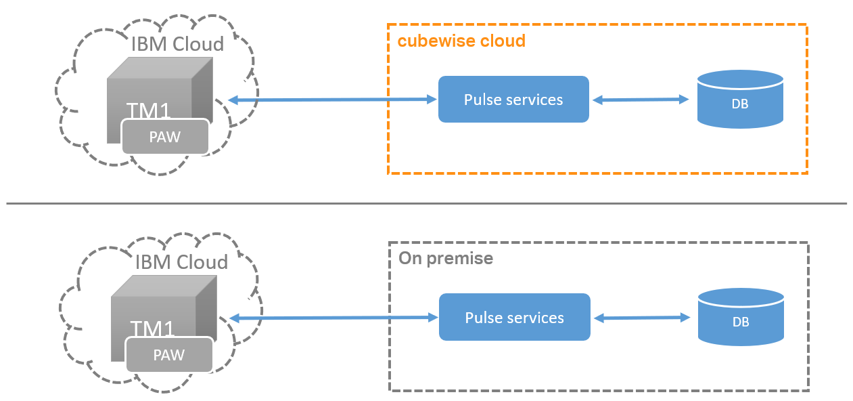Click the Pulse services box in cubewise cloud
[513, 100]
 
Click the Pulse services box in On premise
[514, 318]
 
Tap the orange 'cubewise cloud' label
[461, 41]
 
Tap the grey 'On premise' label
[446, 258]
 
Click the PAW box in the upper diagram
[165, 137]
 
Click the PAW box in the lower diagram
[169, 355]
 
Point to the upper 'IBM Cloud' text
[177, 45]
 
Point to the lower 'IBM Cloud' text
[181, 262]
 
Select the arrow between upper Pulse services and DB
[640, 100]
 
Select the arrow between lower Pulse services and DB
[640, 318]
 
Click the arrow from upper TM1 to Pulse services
[331, 100]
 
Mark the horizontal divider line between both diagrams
[426, 203]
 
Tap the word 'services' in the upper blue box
[532, 100]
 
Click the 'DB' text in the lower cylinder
[740, 322]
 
